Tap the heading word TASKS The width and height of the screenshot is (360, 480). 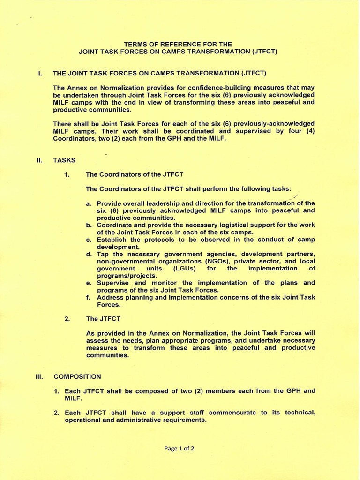tap(64, 160)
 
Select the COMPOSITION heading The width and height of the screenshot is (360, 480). tap(77, 376)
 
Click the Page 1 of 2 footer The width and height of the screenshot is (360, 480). tap(180, 448)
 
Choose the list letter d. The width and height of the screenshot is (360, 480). tap(89, 254)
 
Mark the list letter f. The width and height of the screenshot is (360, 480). tap(88, 297)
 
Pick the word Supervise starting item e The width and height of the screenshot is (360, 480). tap(113, 283)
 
